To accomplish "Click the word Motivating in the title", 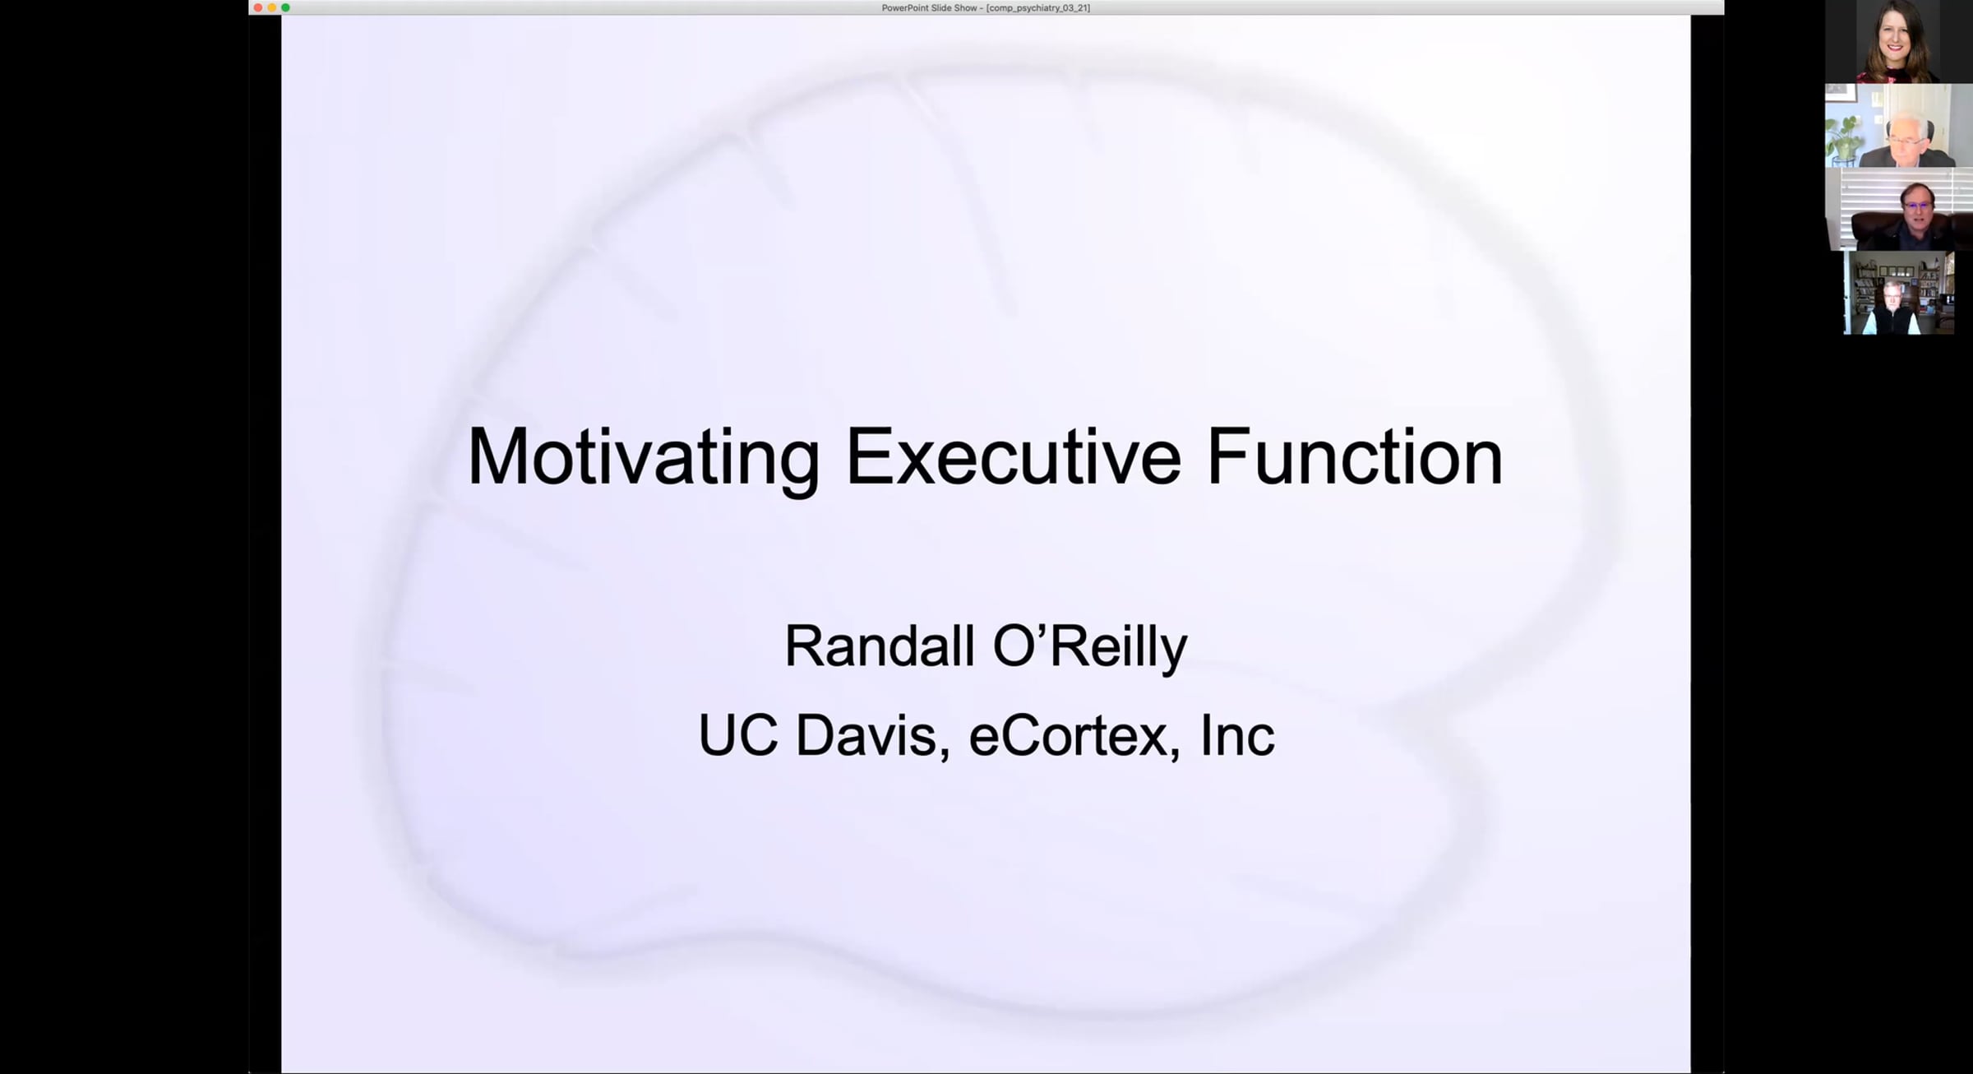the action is (x=644, y=458).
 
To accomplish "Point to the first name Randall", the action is (x=880, y=646).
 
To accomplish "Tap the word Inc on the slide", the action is (x=1237, y=735).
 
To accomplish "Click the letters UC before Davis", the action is (x=737, y=735).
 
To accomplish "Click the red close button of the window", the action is (x=258, y=7).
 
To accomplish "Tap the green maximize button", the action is (x=285, y=7).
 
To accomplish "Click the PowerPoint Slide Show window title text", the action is (x=986, y=8).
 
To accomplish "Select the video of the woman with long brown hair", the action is (x=1899, y=41).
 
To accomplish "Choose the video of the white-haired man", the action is (x=1899, y=126).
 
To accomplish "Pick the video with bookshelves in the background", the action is (x=1899, y=294).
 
